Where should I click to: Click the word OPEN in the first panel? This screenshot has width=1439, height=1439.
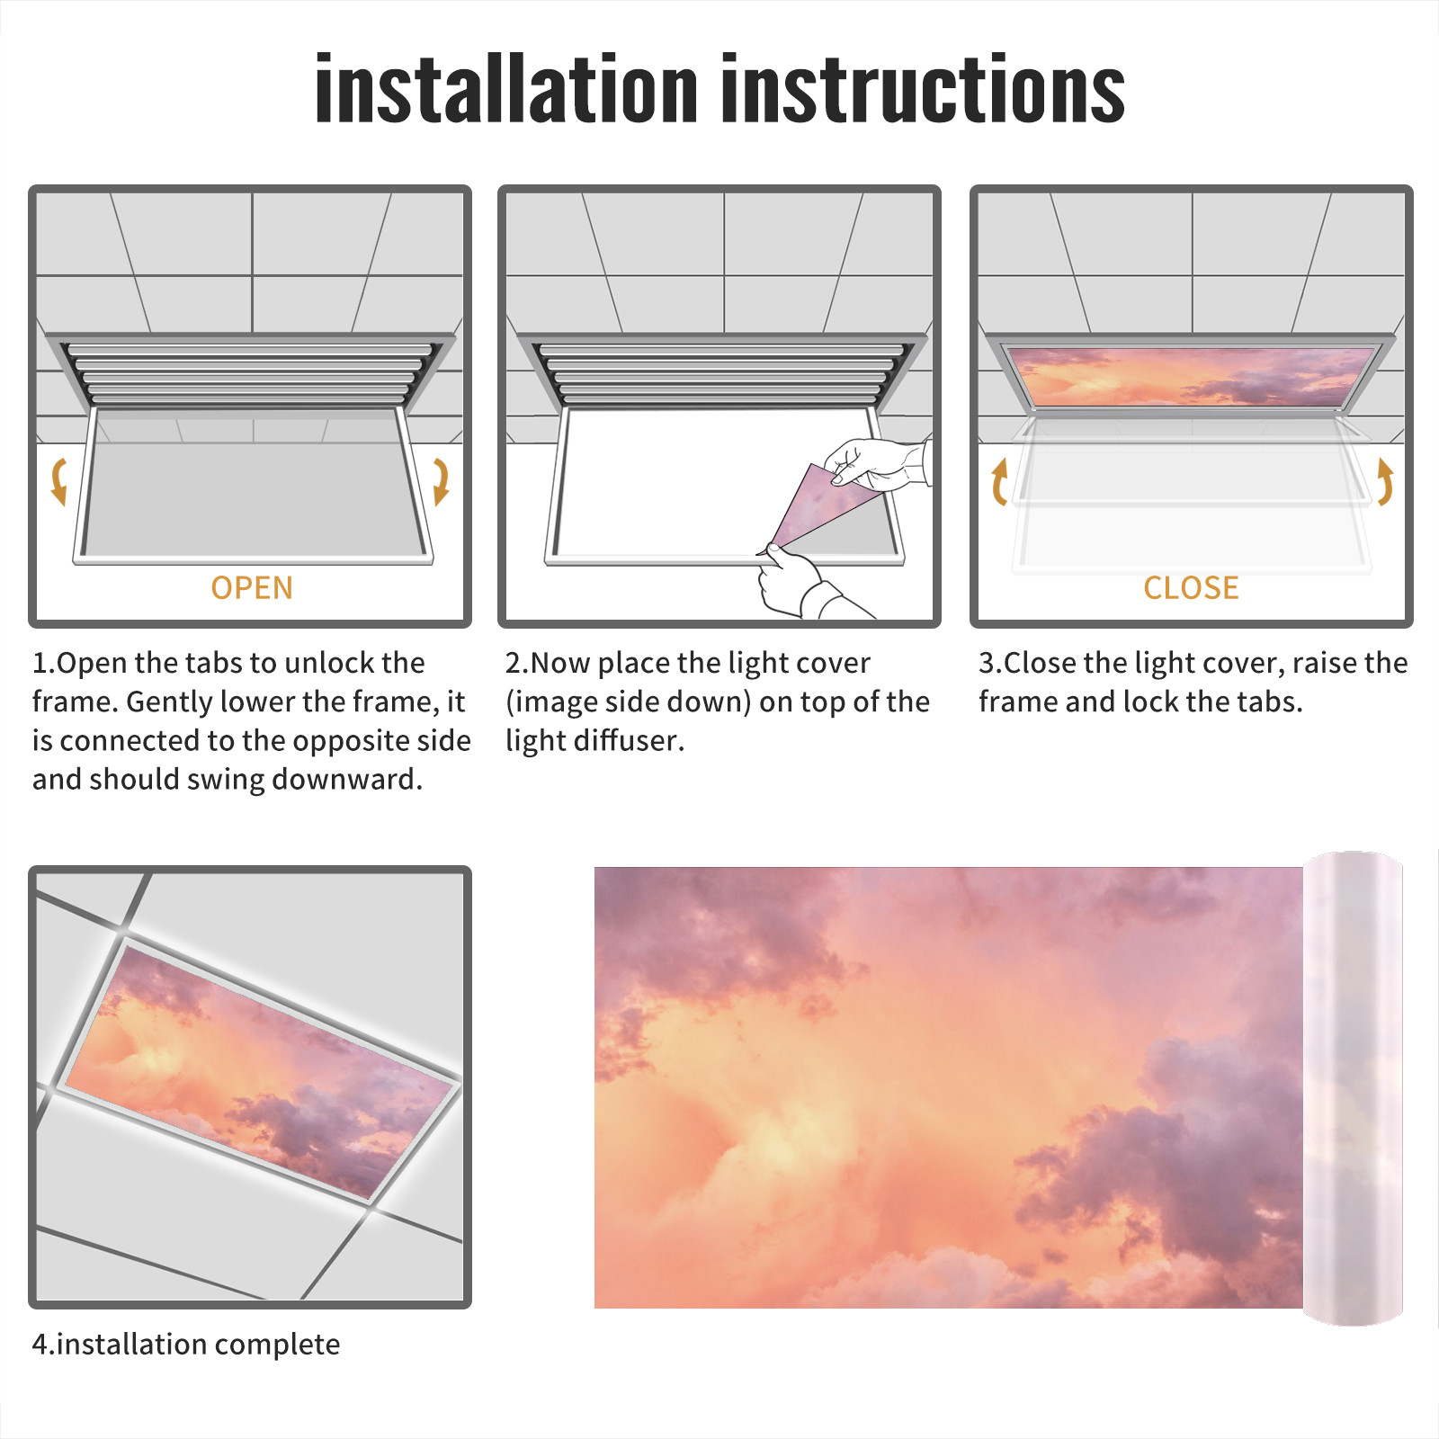coord(252,588)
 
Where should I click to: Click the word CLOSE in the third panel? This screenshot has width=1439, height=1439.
coord(1191,588)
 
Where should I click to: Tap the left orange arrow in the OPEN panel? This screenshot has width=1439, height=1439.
coord(59,481)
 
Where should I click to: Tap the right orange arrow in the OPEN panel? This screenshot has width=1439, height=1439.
coord(441,481)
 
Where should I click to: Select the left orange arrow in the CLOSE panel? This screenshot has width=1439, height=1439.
coord(998,481)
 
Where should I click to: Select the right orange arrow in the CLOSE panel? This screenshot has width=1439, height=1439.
coord(1385,481)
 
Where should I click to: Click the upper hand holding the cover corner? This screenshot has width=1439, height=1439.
coord(877,464)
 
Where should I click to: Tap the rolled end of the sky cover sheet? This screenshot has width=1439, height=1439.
coord(1353,1088)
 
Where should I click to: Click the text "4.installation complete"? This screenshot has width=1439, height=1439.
coord(186,1345)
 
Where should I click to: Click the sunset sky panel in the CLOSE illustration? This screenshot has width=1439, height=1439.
coord(1191,376)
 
